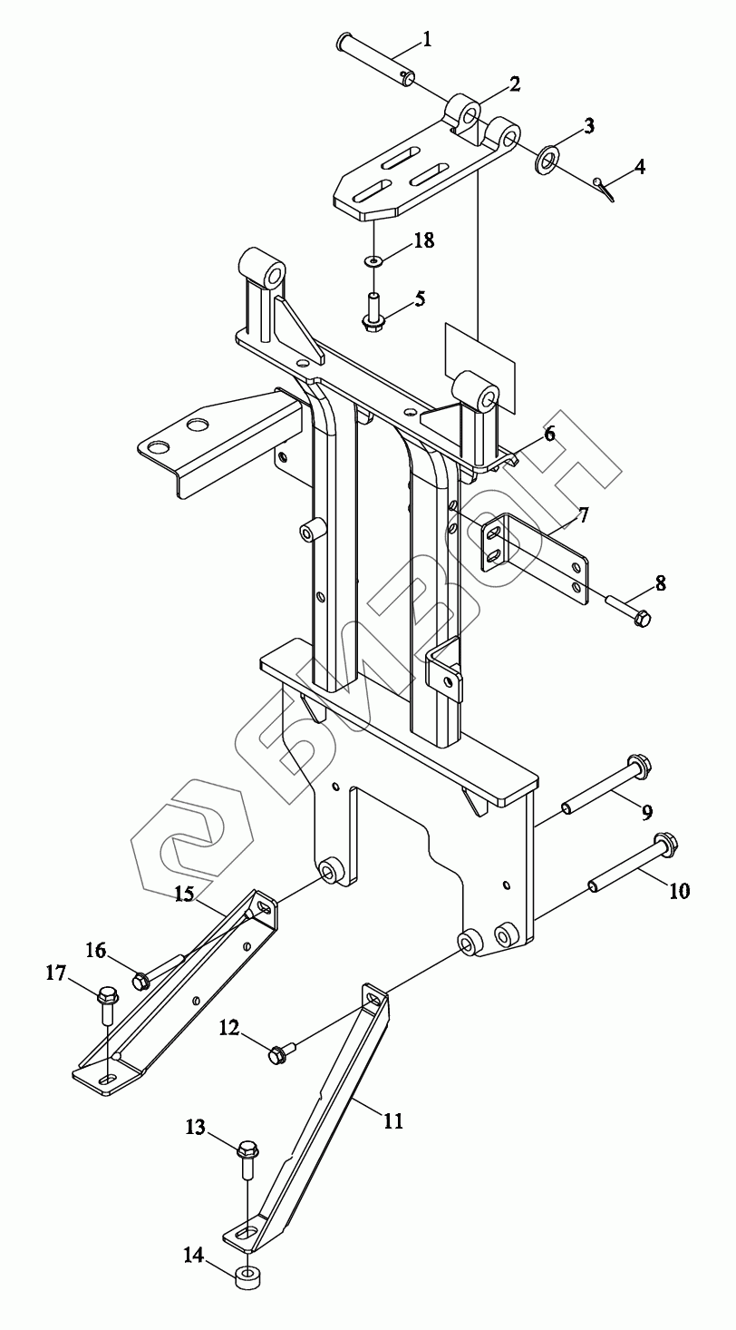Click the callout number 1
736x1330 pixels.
(426, 40)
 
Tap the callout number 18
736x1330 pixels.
(424, 240)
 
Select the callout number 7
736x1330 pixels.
(583, 515)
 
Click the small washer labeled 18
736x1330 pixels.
(373, 260)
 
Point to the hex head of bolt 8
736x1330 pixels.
(642, 620)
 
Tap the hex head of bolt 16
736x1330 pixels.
(140, 982)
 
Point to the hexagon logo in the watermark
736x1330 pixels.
(191, 840)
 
